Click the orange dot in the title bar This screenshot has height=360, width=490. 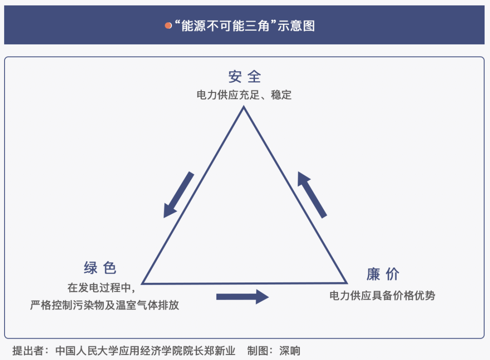pyautogui.click(x=168, y=25)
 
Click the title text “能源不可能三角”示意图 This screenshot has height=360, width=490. pyautogui.click(x=245, y=25)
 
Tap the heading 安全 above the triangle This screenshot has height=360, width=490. pyautogui.click(x=245, y=77)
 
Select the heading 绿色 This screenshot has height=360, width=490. pyautogui.click(x=100, y=268)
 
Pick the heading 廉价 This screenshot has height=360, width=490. pyautogui.click(x=383, y=274)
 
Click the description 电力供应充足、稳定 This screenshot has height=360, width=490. pyautogui.click(x=244, y=95)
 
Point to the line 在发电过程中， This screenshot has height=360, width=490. pyautogui.click(x=102, y=288)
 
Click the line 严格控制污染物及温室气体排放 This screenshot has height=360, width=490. pyautogui.click(x=104, y=305)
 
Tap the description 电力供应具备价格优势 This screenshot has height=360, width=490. pyautogui.click(x=382, y=295)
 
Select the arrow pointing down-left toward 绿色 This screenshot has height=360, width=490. pyautogui.click(x=179, y=195)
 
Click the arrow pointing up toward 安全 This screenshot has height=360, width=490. pyautogui.click(x=312, y=195)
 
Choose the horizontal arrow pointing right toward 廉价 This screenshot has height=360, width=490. pyautogui.click(x=242, y=297)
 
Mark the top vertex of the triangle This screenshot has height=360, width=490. pyautogui.click(x=244, y=107)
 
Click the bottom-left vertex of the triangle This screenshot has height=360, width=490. pyautogui.click(x=142, y=283)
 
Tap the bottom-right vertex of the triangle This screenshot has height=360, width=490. pyautogui.click(x=347, y=283)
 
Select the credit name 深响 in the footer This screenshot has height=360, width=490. pyautogui.click(x=289, y=351)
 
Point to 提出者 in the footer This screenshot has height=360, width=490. pyautogui.click(x=28, y=351)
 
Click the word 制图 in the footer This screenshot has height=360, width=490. pyautogui.click(x=258, y=351)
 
